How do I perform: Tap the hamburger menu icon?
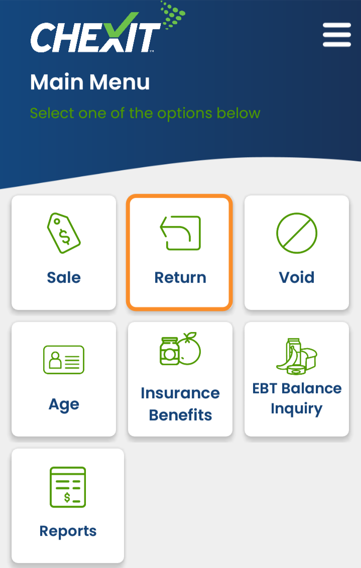point(337,35)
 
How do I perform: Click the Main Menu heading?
point(90,82)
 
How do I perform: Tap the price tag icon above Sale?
point(64,233)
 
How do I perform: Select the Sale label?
point(64,278)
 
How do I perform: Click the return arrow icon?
point(180,233)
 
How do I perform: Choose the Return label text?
point(180,278)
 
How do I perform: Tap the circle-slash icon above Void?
point(297,233)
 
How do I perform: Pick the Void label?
point(297,278)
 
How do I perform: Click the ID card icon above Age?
point(64,360)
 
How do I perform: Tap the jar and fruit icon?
point(180,349)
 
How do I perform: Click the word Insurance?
point(180,393)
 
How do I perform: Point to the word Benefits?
point(180,415)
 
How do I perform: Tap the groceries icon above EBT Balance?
point(297,357)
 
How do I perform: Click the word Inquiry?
point(297,409)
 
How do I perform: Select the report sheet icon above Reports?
point(68,487)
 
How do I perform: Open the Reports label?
point(68,531)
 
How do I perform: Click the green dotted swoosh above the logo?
point(173,15)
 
